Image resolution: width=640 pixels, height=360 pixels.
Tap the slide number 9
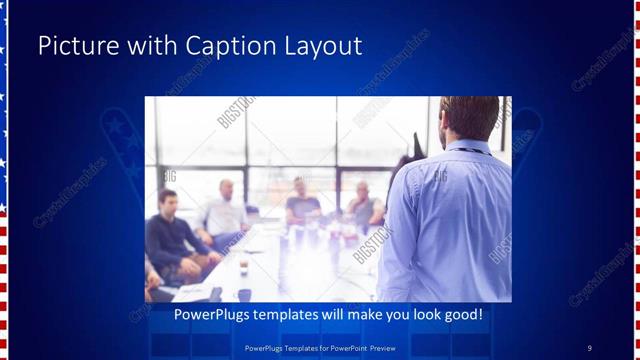tap(589, 347)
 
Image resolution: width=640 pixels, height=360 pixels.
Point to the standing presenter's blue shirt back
tap(450, 220)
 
